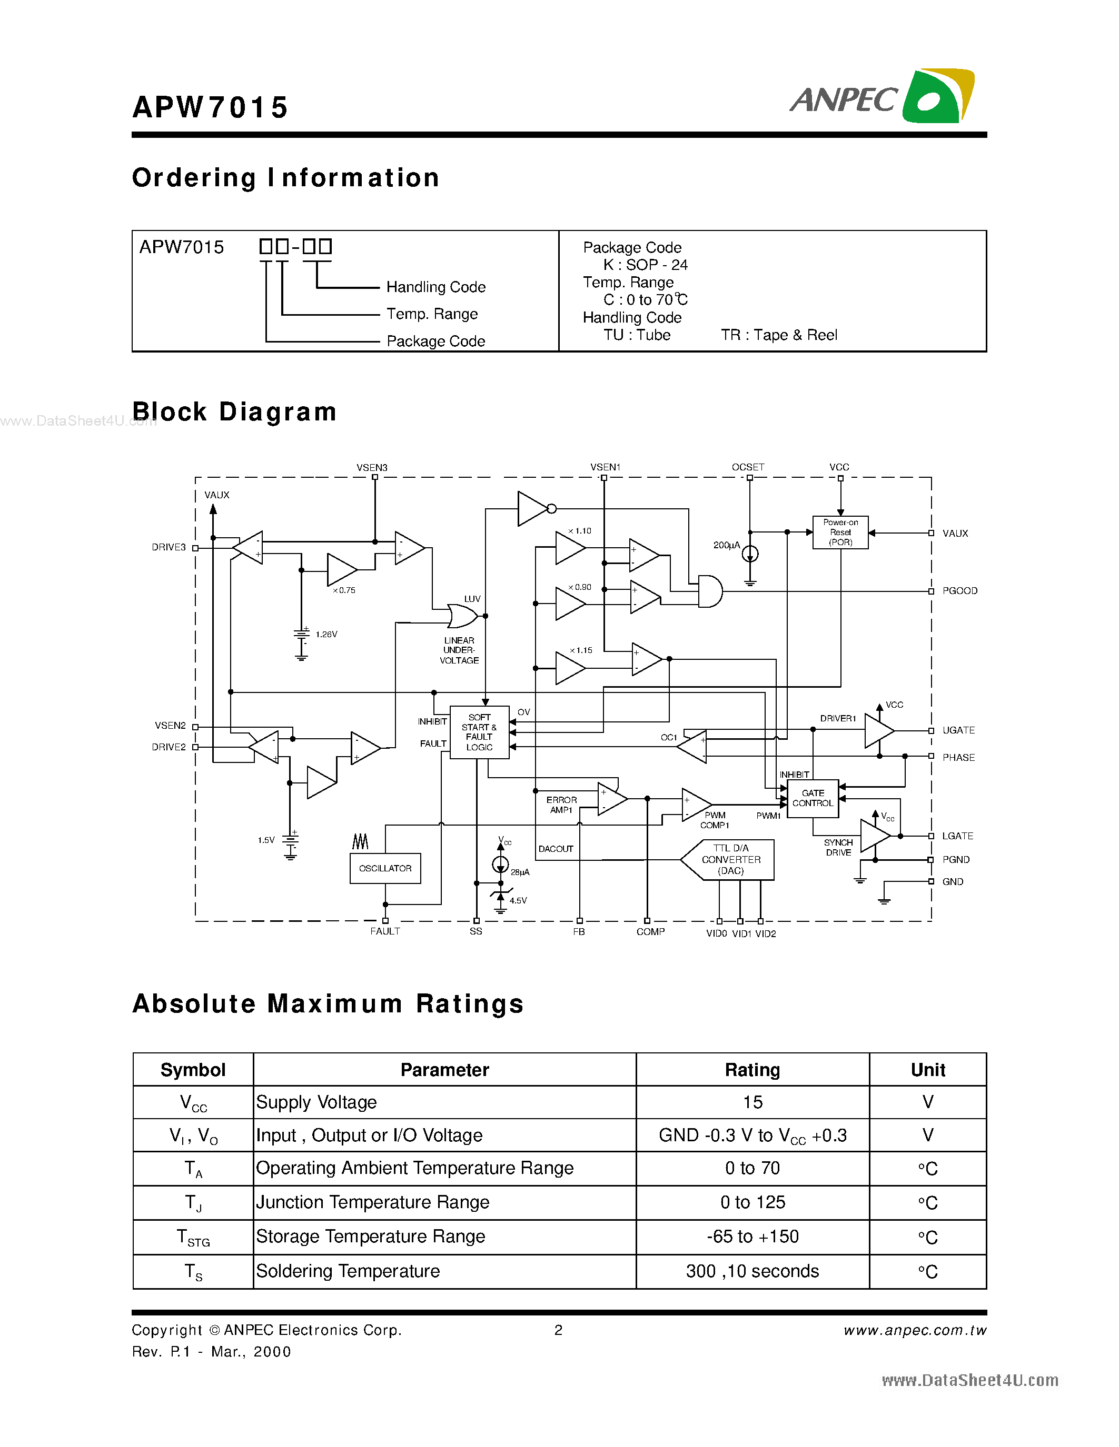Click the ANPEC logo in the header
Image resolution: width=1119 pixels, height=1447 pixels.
coord(882,97)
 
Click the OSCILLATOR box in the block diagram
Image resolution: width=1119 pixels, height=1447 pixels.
coord(385,868)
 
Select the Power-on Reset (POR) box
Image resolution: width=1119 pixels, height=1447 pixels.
coord(840,532)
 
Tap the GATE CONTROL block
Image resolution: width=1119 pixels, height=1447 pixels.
coord(813,798)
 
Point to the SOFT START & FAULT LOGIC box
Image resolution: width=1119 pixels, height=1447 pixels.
coord(479,732)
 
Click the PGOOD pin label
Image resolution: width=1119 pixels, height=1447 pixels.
coord(959,591)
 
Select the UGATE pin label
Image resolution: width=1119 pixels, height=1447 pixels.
coord(958,730)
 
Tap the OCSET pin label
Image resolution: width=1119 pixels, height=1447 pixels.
coord(748,467)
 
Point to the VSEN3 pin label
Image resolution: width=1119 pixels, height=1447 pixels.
coord(372,467)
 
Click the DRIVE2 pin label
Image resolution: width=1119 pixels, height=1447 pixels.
coord(169,747)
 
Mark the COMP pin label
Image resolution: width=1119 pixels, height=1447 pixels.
coord(650,931)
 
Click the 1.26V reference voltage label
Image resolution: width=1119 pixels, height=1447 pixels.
coord(326,634)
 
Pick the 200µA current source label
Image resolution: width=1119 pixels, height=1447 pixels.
coord(726,545)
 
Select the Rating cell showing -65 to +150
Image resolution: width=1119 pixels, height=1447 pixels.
coord(752,1237)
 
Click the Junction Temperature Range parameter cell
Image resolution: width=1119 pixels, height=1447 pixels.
coord(372,1202)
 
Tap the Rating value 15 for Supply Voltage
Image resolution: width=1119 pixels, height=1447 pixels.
coord(752,1102)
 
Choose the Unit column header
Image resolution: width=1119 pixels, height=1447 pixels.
coord(927,1069)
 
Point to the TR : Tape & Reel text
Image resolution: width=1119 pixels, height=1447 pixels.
coord(779,335)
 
